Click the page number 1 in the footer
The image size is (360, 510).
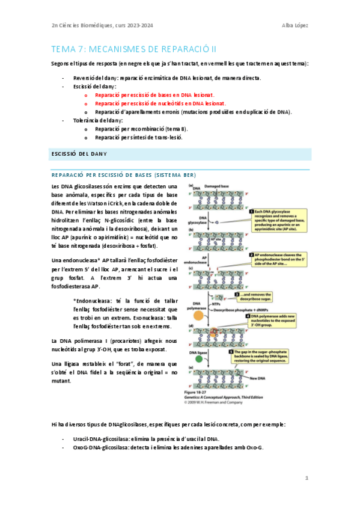(306, 478)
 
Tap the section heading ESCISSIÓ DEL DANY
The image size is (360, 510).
(77, 154)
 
